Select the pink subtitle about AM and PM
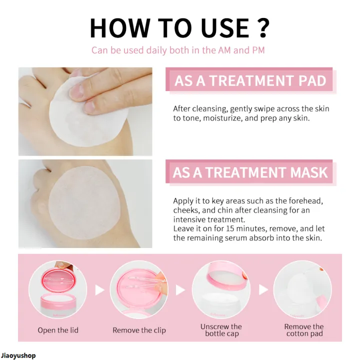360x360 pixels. click(x=178, y=50)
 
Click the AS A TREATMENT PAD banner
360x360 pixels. click(x=250, y=81)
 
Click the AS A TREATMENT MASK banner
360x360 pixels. click(x=250, y=173)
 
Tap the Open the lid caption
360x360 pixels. click(x=58, y=330)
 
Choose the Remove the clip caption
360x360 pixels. click(x=139, y=330)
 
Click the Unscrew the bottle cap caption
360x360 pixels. click(x=221, y=330)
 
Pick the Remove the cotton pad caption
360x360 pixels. click(x=304, y=330)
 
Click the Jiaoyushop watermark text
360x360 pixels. click(x=18, y=355)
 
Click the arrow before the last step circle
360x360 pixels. click(x=263, y=290)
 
